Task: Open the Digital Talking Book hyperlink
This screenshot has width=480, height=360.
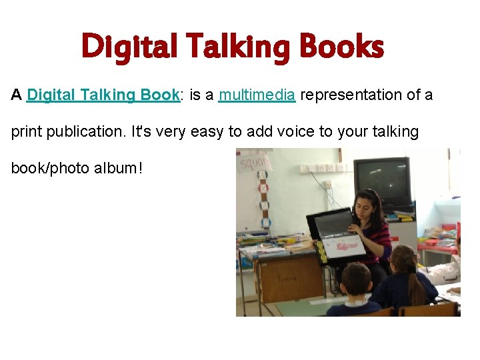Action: [103, 95]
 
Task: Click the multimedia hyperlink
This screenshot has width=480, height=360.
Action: [257, 95]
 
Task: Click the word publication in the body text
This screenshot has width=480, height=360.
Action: [82, 132]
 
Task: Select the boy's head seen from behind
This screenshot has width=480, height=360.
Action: [356, 280]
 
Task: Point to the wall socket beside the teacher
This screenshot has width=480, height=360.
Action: [327, 184]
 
